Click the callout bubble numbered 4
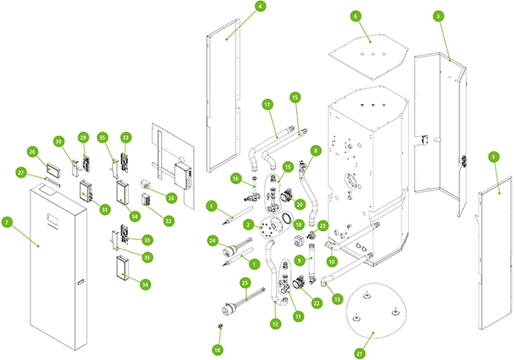coord(261,6)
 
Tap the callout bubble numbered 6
coord(356,16)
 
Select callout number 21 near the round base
coord(360,354)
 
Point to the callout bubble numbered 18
coord(217,350)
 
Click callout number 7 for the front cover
coord(7,222)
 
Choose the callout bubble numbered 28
coord(171,198)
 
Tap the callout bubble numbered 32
coord(168,221)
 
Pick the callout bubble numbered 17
coord(268,105)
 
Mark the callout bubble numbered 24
coord(212,241)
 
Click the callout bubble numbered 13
coord(337,299)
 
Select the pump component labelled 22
coord(299,283)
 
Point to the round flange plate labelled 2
coord(272,226)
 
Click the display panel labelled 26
coord(54,170)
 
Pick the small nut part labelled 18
coord(220,326)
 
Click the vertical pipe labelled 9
coord(311,263)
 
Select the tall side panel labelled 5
coord(495,253)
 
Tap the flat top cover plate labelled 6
coord(369,56)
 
